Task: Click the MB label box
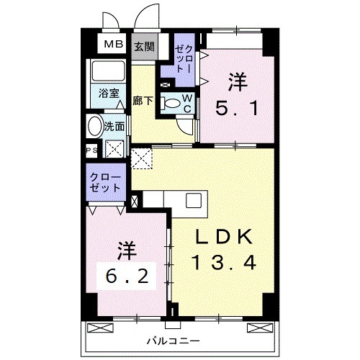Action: pos(112,46)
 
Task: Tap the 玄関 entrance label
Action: pos(143,46)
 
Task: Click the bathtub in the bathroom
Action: pos(109,73)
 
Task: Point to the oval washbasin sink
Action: pos(95,127)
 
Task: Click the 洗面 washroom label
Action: pos(114,126)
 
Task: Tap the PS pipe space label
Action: pos(92,150)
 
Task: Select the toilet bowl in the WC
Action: pos(172,103)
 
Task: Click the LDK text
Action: pos(225,237)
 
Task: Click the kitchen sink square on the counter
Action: pos(194,200)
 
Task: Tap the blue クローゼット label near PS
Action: pos(104,181)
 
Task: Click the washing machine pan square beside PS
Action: pos(114,150)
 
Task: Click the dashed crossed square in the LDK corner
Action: pos(142,157)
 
